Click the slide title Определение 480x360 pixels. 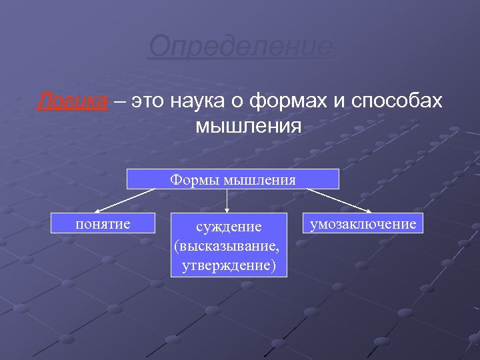click(x=241, y=47)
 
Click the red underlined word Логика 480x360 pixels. click(x=71, y=101)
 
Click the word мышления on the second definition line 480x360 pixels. click(x=249, y=125)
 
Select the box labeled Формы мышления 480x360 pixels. click(x=233, y=179)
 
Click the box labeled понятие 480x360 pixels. click(x=103, y=223)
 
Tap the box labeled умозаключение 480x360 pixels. click(x=363, y=223)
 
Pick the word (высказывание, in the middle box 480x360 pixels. click(x=227, y=247)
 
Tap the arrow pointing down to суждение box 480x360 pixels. click(x=228, y=200)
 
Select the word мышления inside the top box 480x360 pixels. click(x=259, y=179)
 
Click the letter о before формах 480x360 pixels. click(x=239, y=101)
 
